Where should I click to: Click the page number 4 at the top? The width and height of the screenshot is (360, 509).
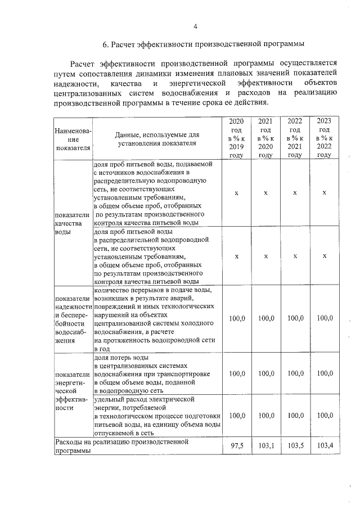point(195,26)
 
